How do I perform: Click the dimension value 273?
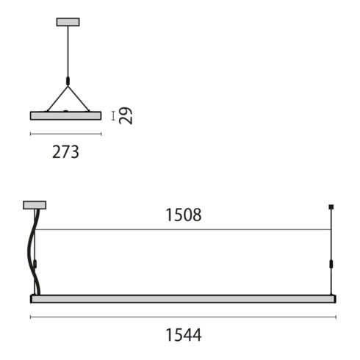65,152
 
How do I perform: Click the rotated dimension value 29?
126,115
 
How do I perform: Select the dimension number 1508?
183,215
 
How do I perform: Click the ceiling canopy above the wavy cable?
35,205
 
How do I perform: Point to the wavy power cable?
31,250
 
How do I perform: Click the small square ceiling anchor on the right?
331,206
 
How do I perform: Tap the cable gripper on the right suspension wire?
331,264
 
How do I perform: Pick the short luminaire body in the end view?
65,115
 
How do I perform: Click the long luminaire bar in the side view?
183,298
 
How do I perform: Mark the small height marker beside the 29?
112,115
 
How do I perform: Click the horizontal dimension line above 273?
65,134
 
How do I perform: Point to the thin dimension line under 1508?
183,229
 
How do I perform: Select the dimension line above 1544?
183,317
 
